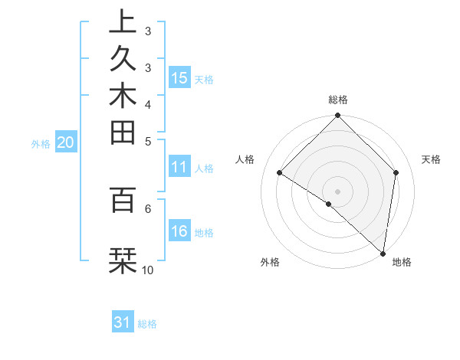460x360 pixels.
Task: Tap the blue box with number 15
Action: (179, 77)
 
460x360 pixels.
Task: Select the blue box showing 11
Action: (179, 168)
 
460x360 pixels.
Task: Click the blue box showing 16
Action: (179, 231)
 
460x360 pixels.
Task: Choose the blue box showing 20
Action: (65, 142)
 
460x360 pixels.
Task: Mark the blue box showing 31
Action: (123, 322)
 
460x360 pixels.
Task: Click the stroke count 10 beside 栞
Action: (147, 270)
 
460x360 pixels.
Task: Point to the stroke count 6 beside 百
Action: (147, 207)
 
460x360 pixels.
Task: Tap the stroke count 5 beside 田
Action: (147, 141)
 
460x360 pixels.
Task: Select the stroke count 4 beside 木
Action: (147, 103)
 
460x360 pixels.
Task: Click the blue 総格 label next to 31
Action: (147, 324)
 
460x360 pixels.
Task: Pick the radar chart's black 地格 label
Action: (402, 262)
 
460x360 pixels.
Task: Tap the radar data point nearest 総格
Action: (337, 116)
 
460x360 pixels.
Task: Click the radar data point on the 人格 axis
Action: (280, 173)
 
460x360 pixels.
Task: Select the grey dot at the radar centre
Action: (337, 191)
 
